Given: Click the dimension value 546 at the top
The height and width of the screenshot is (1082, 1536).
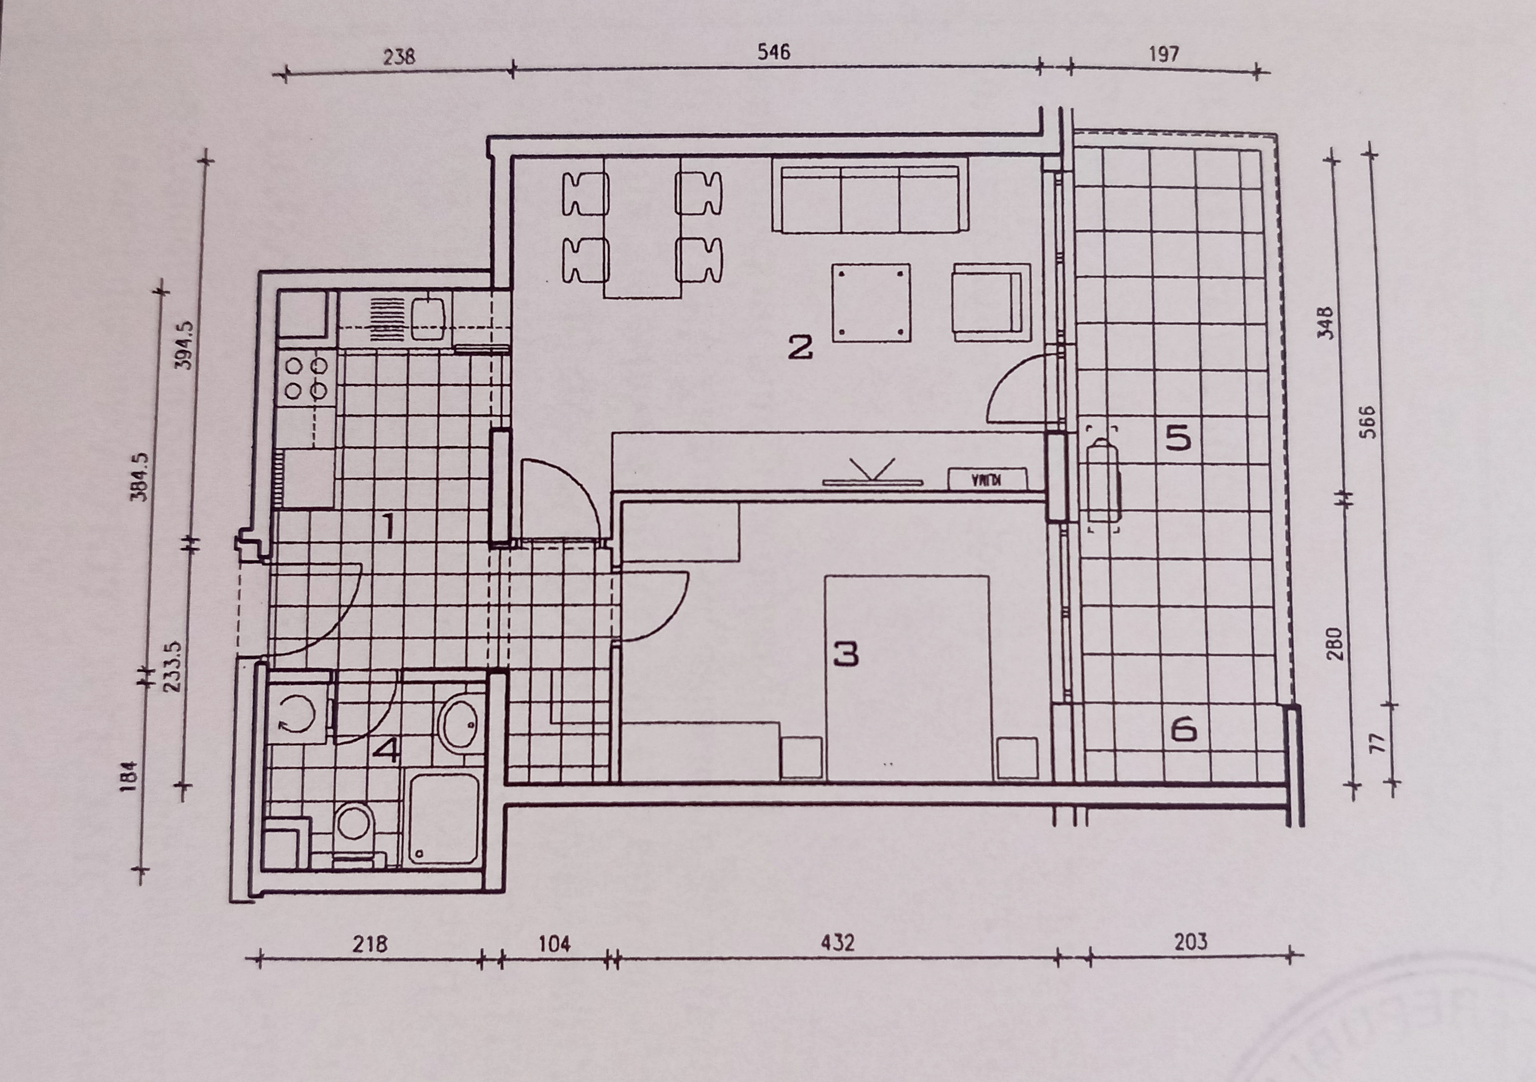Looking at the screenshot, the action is tap(774, 52).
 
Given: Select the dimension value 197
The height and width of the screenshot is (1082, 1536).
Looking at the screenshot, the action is tap(1164, 53).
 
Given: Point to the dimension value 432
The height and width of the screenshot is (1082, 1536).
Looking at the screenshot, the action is tap(837, 943).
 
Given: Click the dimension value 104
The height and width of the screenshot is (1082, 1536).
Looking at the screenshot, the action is tap(554, 944).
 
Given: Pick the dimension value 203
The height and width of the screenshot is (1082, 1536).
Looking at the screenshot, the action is tap(1191, 942).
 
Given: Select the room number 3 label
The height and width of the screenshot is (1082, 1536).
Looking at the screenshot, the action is tap(846, 654).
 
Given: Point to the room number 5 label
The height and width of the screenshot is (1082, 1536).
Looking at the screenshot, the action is tap(1178, 438).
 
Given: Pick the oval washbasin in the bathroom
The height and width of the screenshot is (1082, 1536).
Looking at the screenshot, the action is tap(459, 723).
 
